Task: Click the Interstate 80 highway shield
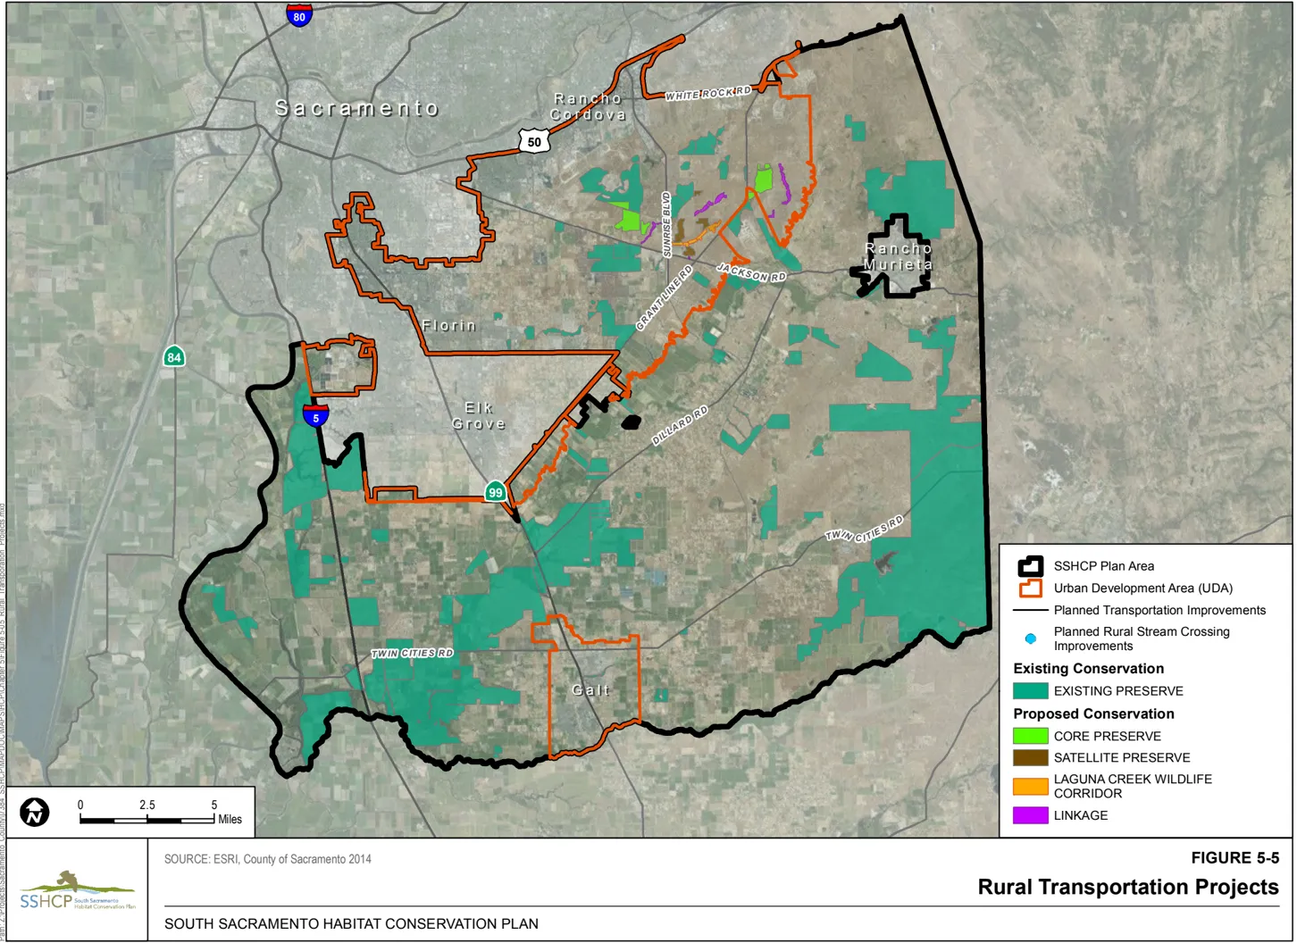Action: pos(299,15)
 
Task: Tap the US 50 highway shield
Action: pos(533,141)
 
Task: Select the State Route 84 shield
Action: pos(174,357)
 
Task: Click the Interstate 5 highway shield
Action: pos(315,415)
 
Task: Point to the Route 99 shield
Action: pos(495,492)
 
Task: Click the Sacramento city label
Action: pos(356,108)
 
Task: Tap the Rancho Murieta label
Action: pos(899,256)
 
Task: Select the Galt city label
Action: pos(590,690)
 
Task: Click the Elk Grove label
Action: pos(479,416)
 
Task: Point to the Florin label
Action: pos(449,326)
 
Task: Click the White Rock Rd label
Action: pos(708,94)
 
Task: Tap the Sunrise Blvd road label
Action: pos(666,224)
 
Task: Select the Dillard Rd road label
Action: pos(680,425)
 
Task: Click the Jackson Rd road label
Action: pos(751,273)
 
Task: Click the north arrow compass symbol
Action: pos(35,812)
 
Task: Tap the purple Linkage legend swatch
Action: pos(1030,815)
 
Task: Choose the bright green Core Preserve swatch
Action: pos(1030,736)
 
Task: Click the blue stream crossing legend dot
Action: pos(1030,638)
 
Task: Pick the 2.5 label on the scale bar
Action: pos(147,805)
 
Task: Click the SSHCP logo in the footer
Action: pos(76,890)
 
